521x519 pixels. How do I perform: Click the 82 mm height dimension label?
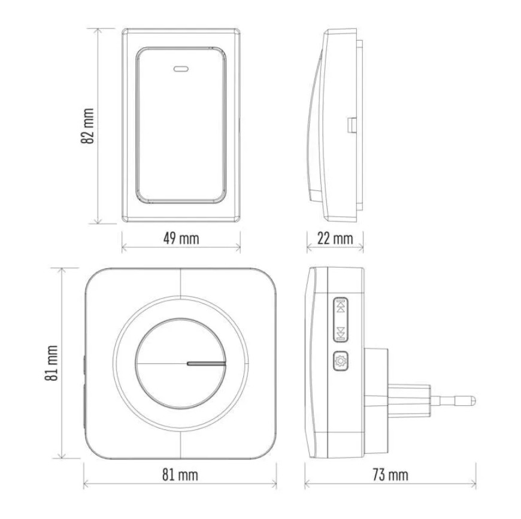87,126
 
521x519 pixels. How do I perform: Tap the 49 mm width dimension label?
181,238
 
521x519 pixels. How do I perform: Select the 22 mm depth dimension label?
335,238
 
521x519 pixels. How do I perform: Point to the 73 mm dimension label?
390,475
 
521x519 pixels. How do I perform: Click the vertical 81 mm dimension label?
52,363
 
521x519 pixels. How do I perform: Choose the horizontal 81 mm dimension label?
180,475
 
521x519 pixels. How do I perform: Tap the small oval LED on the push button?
181,69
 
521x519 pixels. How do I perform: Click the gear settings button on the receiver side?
341,361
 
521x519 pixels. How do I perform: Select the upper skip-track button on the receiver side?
341,305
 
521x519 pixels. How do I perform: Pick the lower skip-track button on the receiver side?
341,333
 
